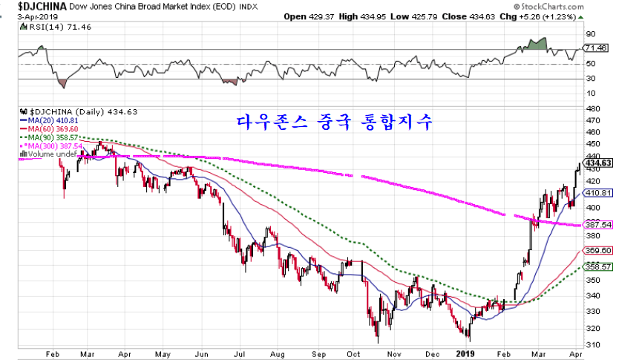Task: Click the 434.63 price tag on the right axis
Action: (x=597, y=163)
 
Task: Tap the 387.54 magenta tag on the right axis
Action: (x=597, y=224)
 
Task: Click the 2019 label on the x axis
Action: (x=465, y=354)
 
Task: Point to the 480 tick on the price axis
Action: (x=592, y=108)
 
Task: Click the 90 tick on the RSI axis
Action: (x=591, y=34)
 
